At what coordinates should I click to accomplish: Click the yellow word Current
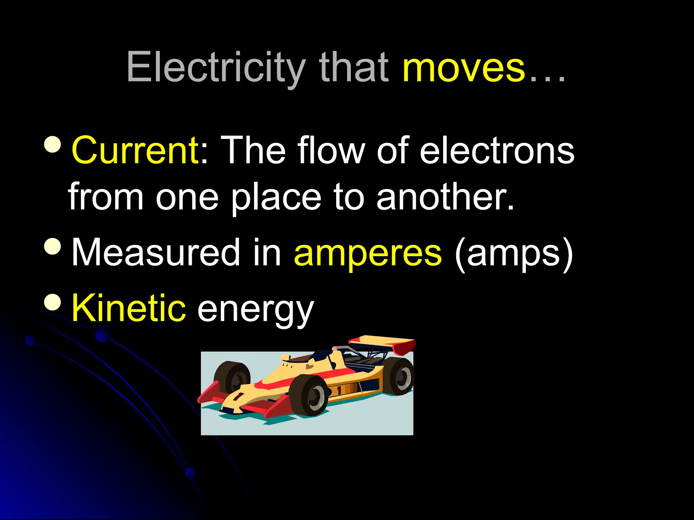pos(136,150)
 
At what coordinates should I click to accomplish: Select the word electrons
pos(497,150)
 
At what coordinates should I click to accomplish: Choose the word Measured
pos(156,252)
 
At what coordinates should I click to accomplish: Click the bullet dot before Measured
pos(53,246)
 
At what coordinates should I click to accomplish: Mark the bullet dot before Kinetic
pos(53,302)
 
